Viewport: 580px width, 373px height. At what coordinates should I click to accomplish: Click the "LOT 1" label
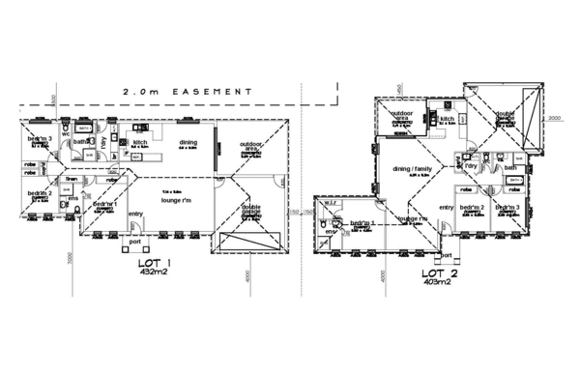[x=155, y=264]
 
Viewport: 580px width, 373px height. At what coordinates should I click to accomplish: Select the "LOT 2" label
[x=438, y=273]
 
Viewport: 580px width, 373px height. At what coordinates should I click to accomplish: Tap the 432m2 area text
[x=155, y=273]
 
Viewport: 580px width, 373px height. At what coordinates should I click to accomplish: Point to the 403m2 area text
[x=438, y=282]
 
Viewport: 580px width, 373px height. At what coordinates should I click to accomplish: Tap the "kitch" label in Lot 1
[x=139, y=142]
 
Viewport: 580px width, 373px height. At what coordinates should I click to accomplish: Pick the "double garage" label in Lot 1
[x=251, y=210]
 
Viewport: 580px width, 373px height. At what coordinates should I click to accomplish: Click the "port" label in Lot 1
[x=135, y=241]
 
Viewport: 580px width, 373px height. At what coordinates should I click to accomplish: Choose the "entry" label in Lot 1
[x=135, y=214]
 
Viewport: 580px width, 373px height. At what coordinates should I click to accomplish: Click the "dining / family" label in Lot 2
[x=414, y=170]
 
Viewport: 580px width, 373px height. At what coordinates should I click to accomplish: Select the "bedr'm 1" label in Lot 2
[x=362, y=223]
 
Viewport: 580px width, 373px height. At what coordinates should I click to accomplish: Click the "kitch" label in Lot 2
[x=448, y=119]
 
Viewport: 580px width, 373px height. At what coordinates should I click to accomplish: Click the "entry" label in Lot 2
[x=447, y=208]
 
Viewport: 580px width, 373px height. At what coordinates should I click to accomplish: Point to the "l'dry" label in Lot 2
[x=472, y=166]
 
